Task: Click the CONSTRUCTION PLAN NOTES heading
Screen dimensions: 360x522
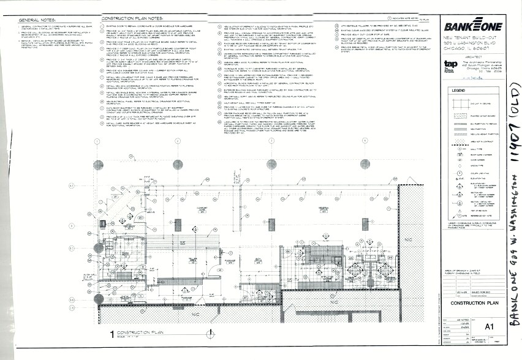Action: (x=129, y=19)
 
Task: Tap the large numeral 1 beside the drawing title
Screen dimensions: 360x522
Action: (x=112, y=334)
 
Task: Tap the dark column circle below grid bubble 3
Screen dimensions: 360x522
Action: (x=270, y=164)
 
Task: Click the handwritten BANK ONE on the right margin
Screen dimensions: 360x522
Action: (x=512, y=288)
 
